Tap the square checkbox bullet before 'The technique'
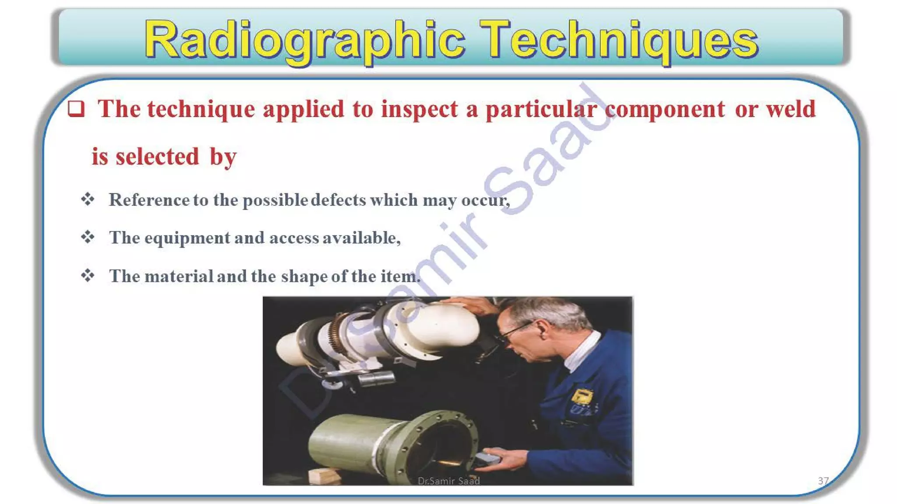[x=76, y=108]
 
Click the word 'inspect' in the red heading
[x=419, y=109]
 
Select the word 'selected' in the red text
[x=157, y=157]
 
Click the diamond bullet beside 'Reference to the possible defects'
[x=88, y=199]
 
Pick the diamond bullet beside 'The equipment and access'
[x=88, y=238]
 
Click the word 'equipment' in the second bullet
[x=187, y=238]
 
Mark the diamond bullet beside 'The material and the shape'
[x=88, y=276]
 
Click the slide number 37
[x=823, y=481]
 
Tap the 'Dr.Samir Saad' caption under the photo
[x=448, y=481]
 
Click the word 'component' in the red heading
[x=664, y=109]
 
